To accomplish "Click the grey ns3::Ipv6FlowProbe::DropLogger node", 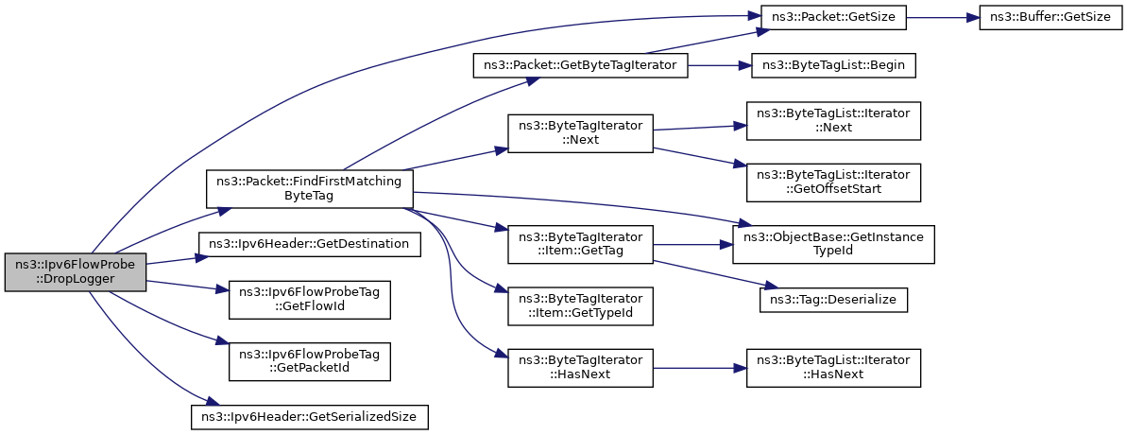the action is click(76, 272).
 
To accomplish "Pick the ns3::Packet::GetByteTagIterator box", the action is click(581, 66).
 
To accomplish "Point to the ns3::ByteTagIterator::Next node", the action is click(581, 133).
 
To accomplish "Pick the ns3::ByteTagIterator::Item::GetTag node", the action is click(581, 245).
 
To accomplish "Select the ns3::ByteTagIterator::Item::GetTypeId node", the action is click(581, 305).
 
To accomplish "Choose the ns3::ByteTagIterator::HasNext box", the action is click(581, 368).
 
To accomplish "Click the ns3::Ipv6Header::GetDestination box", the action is click(310, 244).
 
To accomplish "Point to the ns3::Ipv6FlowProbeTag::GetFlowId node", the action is click(310, 300).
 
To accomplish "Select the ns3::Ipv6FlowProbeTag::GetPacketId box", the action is click(310, 361).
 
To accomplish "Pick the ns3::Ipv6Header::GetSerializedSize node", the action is click(310, 417).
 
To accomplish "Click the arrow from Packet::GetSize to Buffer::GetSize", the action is click(943, 16).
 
